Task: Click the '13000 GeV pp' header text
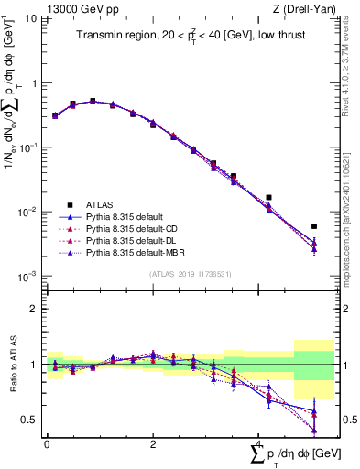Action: (76, 8)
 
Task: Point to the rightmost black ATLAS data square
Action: (314, 226)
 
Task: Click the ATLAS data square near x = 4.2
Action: (268, 197)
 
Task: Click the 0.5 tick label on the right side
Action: (347, 420)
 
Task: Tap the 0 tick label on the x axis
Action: (47, 442)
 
